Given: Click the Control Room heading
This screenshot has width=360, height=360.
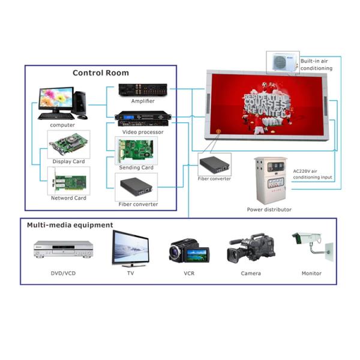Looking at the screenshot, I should click(101, 73).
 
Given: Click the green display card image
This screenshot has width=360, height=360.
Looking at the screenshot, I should click(68, 145).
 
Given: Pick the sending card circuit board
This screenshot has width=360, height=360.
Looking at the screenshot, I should click(136, 151).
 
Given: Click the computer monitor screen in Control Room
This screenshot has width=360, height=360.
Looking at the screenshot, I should click(56, 99).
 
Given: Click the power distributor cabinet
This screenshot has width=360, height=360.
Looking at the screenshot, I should click(269, 179).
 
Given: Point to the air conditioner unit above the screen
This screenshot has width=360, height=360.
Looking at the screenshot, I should click(283, 61).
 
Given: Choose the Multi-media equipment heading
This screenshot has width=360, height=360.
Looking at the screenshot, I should click(70, 226).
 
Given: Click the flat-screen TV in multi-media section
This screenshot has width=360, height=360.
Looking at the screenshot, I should click(130, 248).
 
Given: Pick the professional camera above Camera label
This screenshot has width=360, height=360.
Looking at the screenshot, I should click(251, 247).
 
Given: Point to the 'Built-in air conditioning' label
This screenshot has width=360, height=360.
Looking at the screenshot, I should click(316, 64).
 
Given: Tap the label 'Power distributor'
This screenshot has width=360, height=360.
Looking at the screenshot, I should click(269, 209).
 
